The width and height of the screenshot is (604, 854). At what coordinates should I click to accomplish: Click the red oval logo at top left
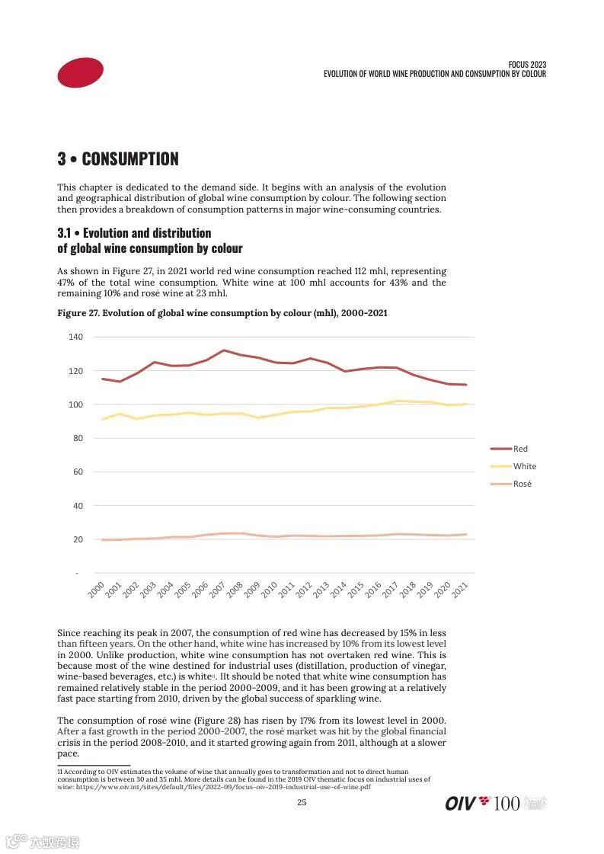[x=80, y=72]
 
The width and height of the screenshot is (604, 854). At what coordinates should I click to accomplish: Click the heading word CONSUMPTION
[x=129, y=159]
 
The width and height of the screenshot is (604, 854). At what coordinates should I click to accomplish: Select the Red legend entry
[x=520, y=449]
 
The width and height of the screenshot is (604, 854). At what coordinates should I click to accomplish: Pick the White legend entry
[x=524, y=466]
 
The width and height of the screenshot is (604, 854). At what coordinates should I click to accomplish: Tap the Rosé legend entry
[x=522, y=484]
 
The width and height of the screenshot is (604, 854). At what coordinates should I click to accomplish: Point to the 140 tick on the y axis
[x=75, y=337]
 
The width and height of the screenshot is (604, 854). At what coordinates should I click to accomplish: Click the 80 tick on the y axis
[x=78, y=438]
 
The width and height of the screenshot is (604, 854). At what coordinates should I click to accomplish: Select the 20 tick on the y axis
[x=78, y=539]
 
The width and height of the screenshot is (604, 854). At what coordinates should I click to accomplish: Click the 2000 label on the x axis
[x=97, y=589]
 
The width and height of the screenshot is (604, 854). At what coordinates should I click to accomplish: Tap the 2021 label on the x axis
[x=460, y=589]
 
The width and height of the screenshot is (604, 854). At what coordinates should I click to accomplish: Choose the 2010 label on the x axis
[x=270, y=589]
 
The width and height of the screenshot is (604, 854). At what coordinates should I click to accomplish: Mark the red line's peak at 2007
[x=223, y=350]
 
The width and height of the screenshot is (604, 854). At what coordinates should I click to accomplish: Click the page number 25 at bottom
[x=302, y=802]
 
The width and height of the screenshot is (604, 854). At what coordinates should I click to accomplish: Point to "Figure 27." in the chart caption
[x=78, y=313]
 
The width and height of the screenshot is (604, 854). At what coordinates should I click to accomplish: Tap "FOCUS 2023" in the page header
[x=527, y=65]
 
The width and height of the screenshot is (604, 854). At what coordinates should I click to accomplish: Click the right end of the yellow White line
[x=466, y=404]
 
